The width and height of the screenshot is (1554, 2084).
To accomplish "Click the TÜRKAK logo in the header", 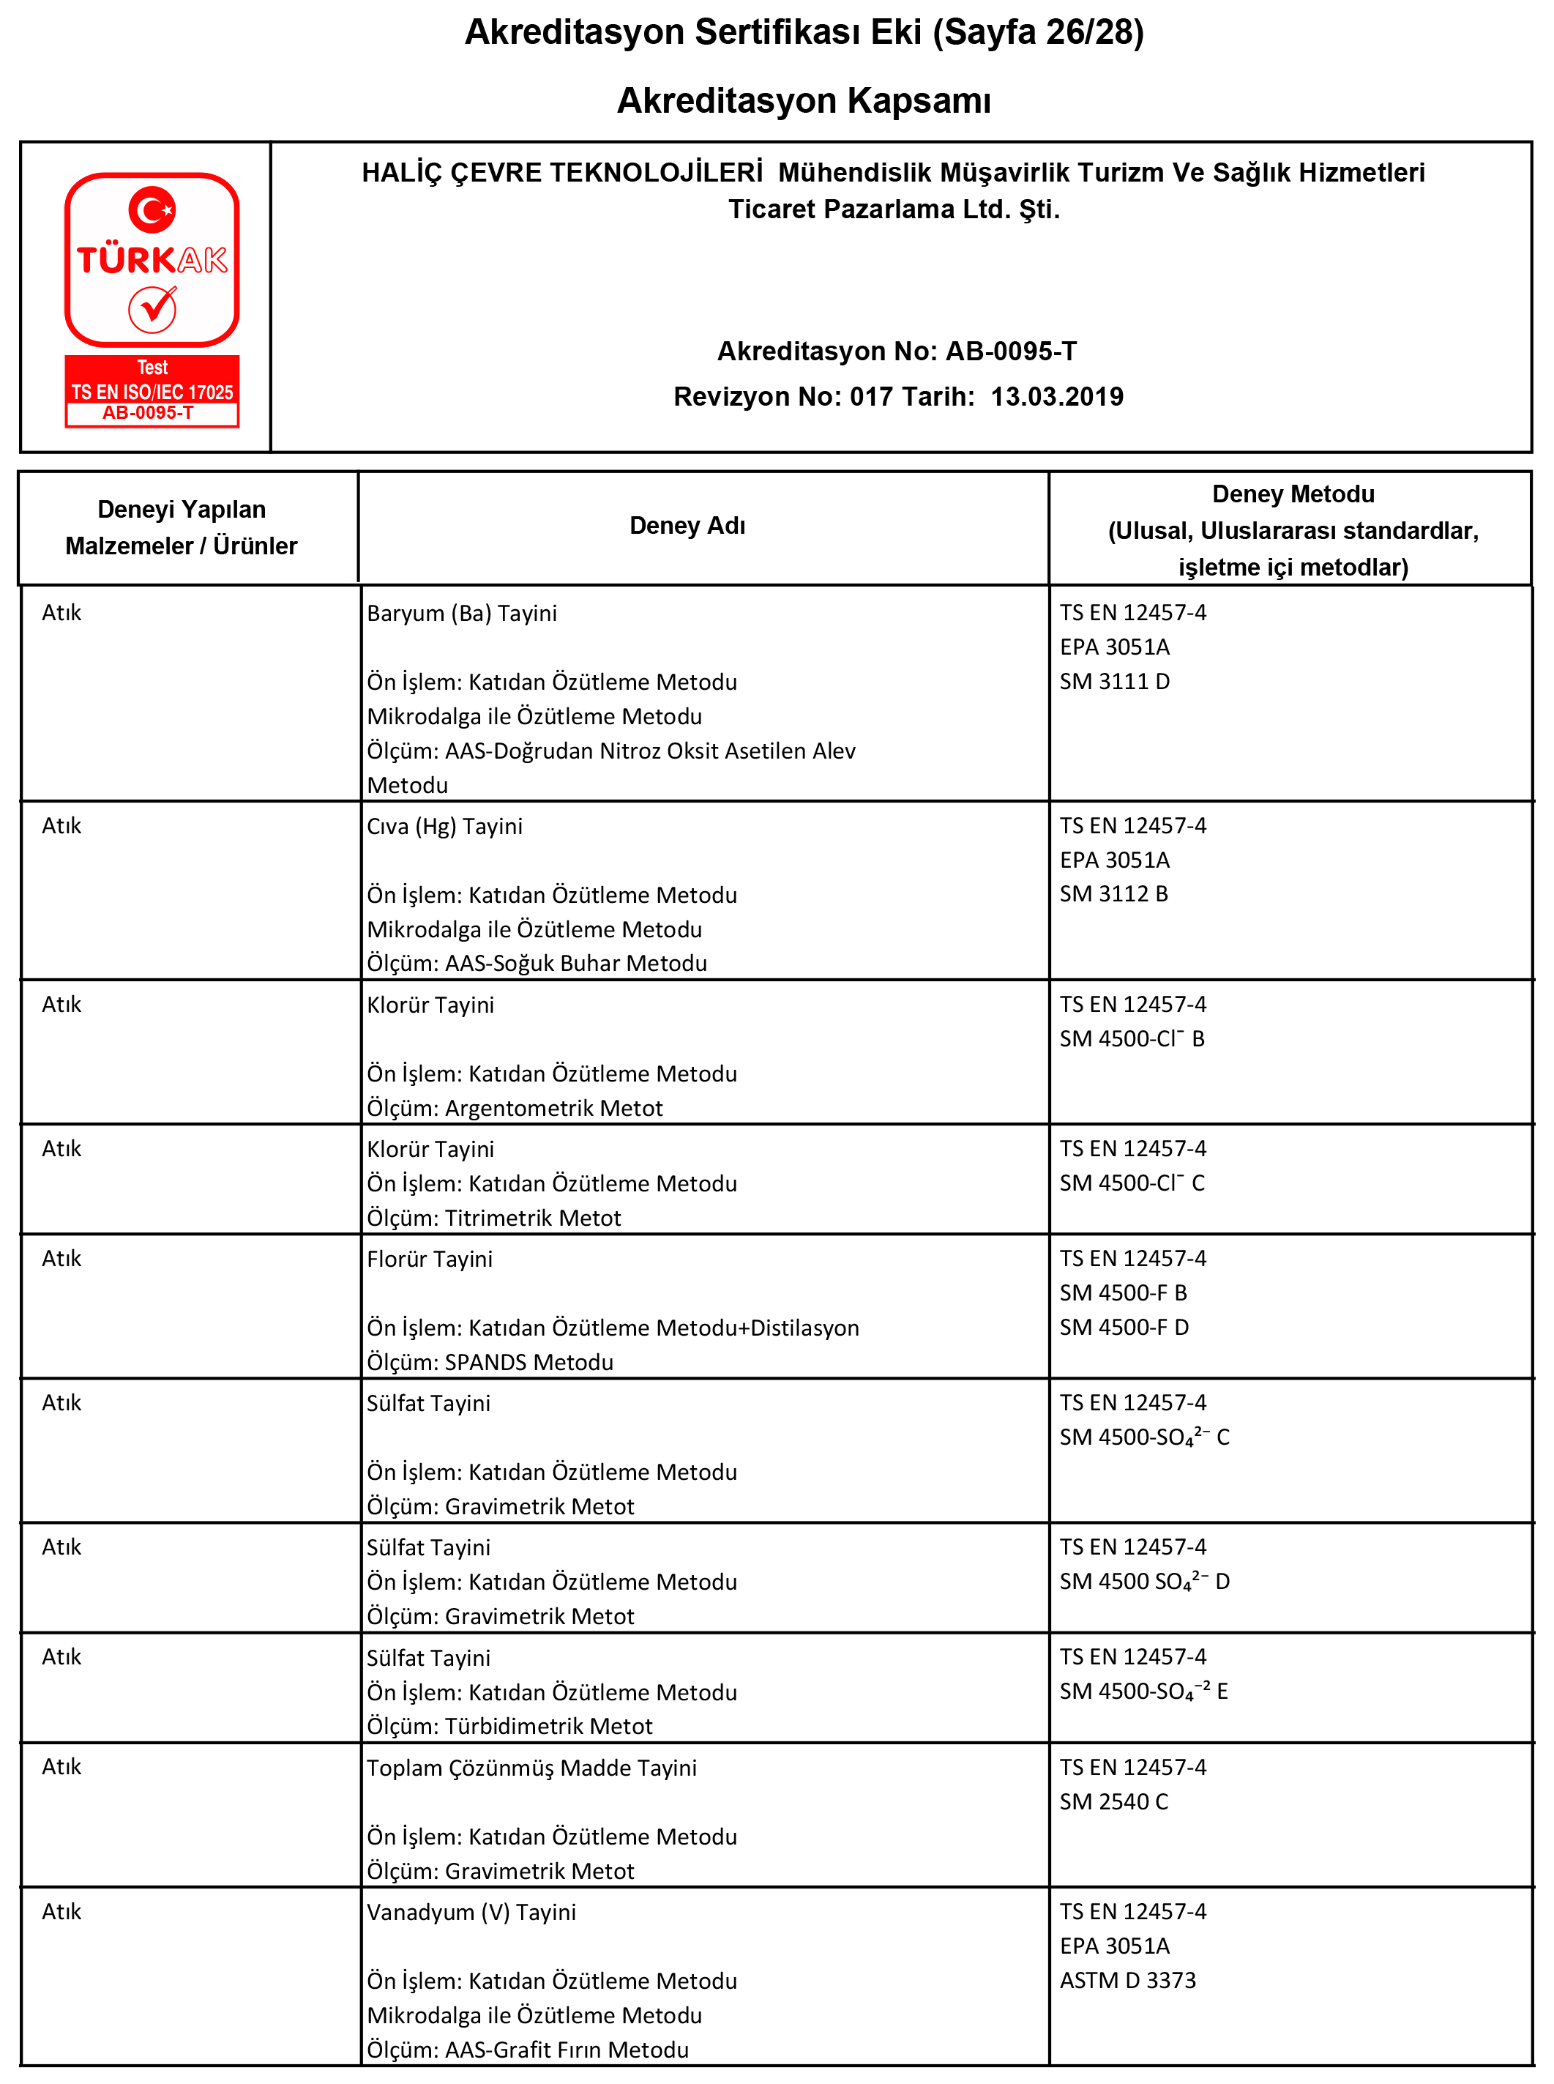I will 152,298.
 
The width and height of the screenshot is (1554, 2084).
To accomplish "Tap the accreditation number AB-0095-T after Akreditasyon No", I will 1010,351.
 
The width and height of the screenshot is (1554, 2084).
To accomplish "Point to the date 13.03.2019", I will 1056,396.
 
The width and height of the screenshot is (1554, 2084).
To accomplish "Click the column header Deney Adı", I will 687,526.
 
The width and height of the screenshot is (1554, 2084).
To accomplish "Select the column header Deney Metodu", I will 1293,495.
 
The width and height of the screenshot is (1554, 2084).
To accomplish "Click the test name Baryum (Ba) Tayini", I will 462,614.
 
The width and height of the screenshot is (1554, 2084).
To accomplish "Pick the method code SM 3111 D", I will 1115,681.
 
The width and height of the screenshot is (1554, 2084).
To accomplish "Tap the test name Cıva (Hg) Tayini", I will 444,826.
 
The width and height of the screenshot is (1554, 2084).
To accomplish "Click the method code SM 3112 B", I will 1114,894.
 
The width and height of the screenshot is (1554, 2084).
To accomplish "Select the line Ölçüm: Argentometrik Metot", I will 515,1109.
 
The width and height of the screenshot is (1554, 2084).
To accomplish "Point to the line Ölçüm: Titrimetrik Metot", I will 494,1218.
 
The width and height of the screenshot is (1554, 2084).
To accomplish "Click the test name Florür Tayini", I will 430,1259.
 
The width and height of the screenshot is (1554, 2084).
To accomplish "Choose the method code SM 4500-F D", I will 1124,1328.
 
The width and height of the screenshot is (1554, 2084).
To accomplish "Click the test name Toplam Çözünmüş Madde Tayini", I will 531,1768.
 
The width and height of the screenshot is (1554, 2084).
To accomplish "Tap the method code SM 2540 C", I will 1114,1802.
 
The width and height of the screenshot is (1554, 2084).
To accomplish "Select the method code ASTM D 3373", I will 1128,1981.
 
